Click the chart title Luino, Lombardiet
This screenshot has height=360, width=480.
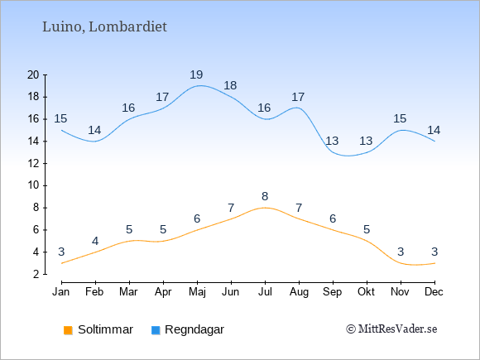pyautogui.click(x=104, y=27)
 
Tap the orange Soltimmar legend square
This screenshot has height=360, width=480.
pyautogui.click(x=68, y=330)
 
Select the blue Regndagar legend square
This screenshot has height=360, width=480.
pyautogui.click(x=156, y=330)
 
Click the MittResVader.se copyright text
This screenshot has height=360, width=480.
pyautogui.click(x=391, y=329)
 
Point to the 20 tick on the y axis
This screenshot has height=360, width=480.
pyautogui.click(x=33, y=74)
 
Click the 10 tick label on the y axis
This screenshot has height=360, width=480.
pyautogui.click(x=33, y=185)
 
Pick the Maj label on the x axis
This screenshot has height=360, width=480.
pyautogui.click(x=197, y=292)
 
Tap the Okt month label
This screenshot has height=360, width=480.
pyautogui.click(x=366, y=292)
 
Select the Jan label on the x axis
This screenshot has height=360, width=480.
pyautogui.click(x=61, y=292)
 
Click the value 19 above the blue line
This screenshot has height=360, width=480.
pyautogui.click(x=196, y=74)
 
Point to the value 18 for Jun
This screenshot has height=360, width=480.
pyautogui.click(x=230, y=85)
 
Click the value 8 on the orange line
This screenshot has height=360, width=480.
pyautogui.click(x=265, y=196)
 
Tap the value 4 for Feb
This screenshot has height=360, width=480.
pyautogui.click(x=95, y=241)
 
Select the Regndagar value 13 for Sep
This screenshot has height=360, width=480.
pyautogui.click(x=332, y=141)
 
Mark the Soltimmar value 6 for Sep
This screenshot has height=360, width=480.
pyautogui.click(x=333, y=218)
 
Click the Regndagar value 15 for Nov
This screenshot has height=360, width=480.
pyautogui.click(x=400, y=118)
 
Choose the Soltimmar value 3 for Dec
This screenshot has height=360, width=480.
pyautogui.click(x=434, y=252)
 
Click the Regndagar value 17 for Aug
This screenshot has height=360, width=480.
pyautogui.click(x=298, y=97)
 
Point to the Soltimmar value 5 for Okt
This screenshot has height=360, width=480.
pyautogui.click(x=367, y=229)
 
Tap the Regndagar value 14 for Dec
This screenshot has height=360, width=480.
pyautogui.click(x=434, y=131)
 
